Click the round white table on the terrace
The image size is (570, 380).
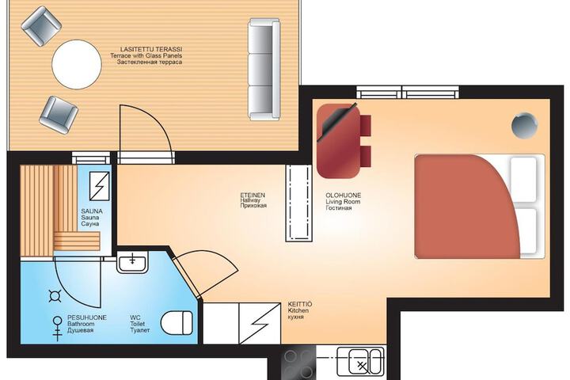click(x=77, y=64)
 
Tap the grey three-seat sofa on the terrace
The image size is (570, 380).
click(x=264, y=69)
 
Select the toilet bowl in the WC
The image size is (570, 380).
click(x=177, y=322)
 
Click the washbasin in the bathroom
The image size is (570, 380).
click(x=132, y=262)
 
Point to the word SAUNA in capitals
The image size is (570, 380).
click(x=92, y=211)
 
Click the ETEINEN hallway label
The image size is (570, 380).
click(x=253, y=196)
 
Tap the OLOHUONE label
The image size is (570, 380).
click(x=343, y=196)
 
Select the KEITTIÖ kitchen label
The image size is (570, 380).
click(x=300, y=304)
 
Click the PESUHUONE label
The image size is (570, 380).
click(x=87, y=317)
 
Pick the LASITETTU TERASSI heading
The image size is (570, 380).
click(x=151, y=49)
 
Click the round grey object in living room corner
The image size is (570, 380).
click(x=524, y=125)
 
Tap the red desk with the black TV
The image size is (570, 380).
click(x=338, y=141)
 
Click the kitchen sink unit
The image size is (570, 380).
click(x=360, y=361)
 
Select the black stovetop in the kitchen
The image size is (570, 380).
click(x=298, y=363)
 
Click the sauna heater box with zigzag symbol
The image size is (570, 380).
click(x=99, y=186)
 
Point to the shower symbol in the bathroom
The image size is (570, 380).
click(x=58, y=329)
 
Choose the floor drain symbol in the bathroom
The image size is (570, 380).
click(x=55, y=296)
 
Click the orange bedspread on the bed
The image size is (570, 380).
click(x=467, y=207)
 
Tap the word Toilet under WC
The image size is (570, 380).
click(x=138, y=324)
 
